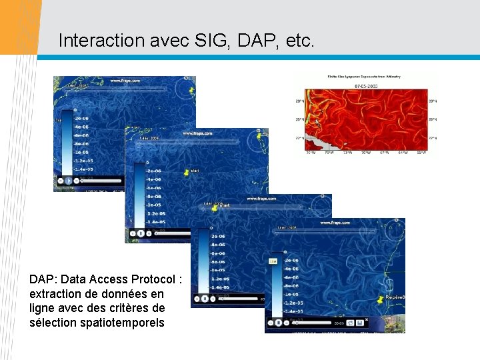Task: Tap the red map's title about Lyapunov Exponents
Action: [364, 77]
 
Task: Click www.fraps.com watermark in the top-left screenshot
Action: [125, 81]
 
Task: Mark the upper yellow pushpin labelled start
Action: [187, 173]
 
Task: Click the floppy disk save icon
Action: [359, 323]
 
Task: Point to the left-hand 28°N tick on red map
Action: [300, 101]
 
